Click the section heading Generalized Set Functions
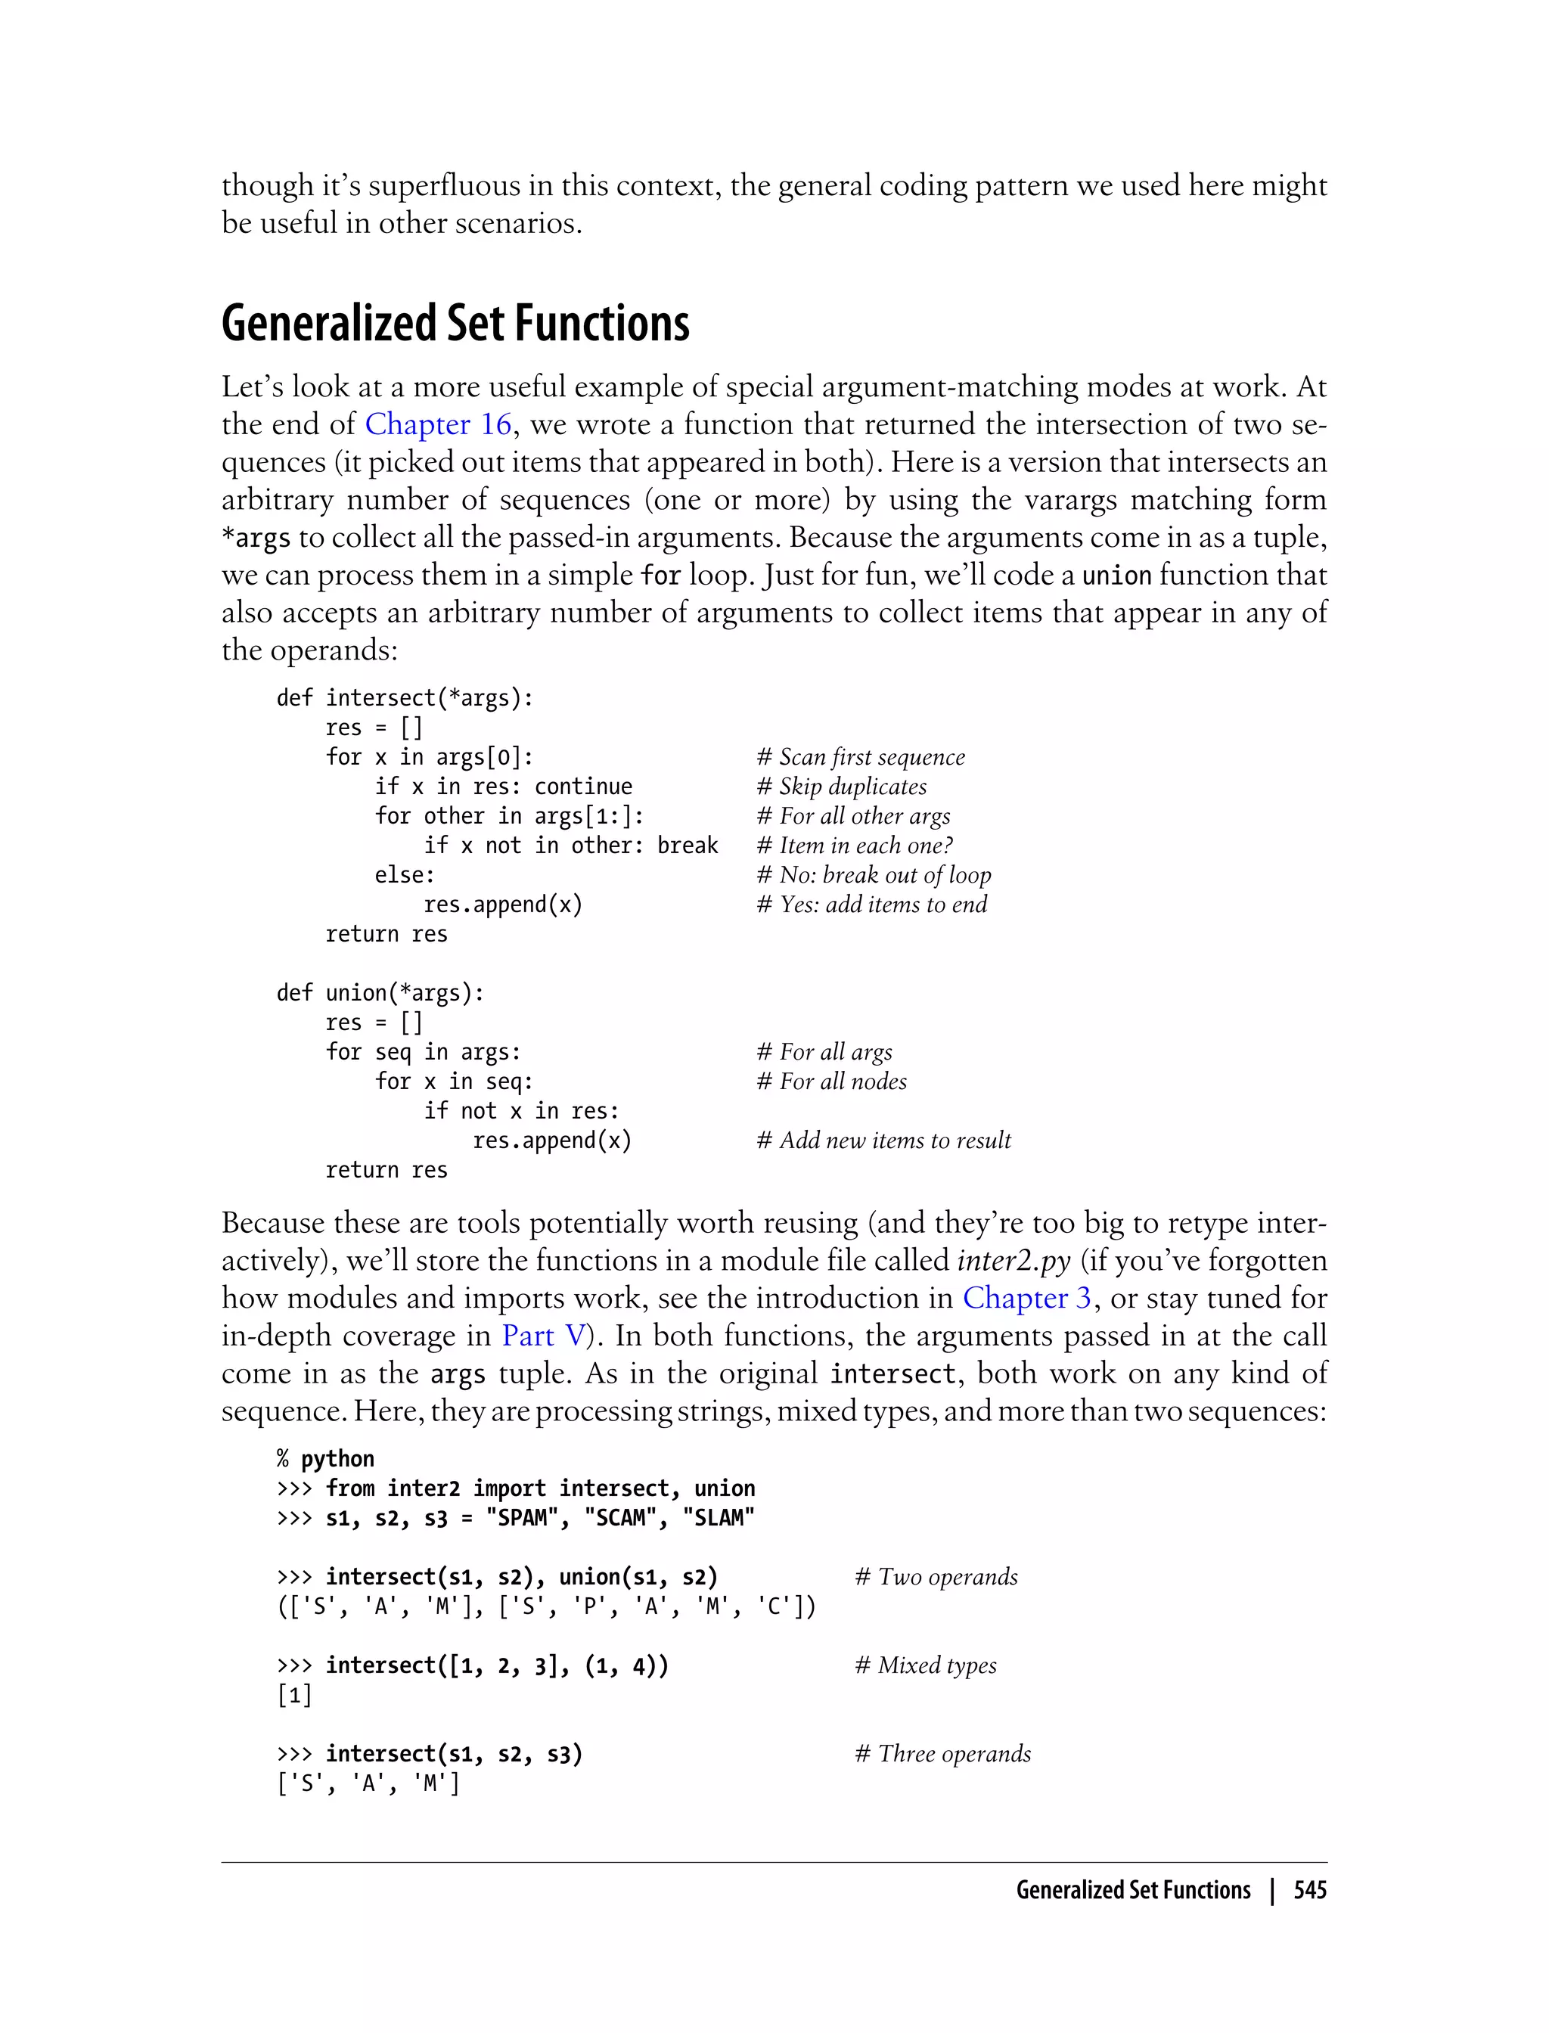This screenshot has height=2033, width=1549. click(x=455, y=324)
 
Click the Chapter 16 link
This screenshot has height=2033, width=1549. click(x=438, y=424)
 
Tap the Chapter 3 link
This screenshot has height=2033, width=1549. click(x=1026, y=1298)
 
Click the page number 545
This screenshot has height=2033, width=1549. click(x=1309, y=1891)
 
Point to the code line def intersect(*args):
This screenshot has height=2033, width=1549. click(x=405, y=698)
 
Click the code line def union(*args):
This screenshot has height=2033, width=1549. click(x=380, y=993)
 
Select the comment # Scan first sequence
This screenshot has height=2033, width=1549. click(x=860, y=757)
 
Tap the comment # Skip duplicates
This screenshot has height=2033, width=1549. click(x=841, y=787)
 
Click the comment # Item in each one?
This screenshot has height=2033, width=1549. click(x=854, y=846)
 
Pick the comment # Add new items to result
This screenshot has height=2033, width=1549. click(x=883, y=1141)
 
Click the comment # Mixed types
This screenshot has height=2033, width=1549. click(x=925, y=1665)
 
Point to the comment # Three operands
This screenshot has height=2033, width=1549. click(x=942, y=1754)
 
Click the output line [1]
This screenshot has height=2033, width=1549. click(x=294, y=1695)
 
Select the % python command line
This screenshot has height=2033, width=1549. click(x=325, y=1459)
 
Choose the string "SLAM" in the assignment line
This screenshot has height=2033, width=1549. click(x=719, y=1518)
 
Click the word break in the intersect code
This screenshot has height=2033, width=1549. click(x=687, y=846)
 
